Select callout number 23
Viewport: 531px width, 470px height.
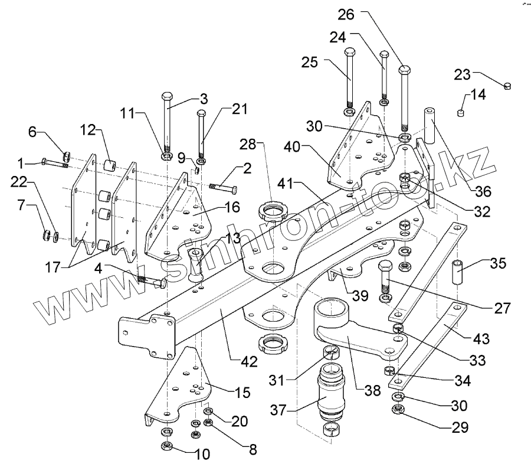(463, 74)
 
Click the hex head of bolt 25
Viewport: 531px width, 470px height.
(348, 52)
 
